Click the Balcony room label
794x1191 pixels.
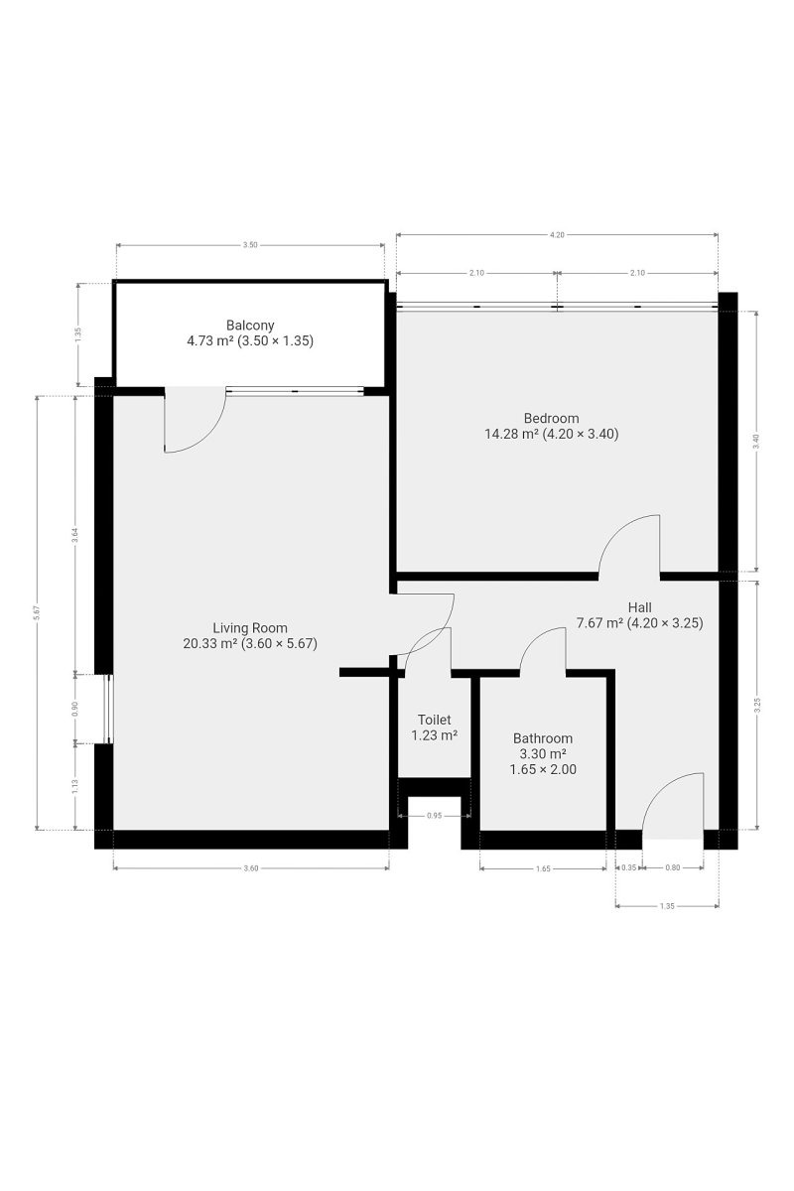[x=250, y=325]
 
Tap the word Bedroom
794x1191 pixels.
[x=551, y=418]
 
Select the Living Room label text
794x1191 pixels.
[x=250, y=627]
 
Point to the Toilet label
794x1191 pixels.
[x=434, y=720]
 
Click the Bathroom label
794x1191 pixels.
[x=543, y=738]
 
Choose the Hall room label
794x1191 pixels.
[x=639, y=606]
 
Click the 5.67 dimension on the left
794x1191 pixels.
[x=37, y=612]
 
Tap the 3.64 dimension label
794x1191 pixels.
[x=75, y=534]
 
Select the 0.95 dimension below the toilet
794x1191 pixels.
[x=434, y=815]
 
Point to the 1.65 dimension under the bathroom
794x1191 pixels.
[x=543, y=868]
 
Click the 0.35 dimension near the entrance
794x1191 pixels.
[x=628, y=867]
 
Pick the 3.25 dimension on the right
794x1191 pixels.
[x=757, y=705]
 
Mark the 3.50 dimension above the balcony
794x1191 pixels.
[x=250, y=245]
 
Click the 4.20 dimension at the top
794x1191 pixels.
[x=557, y=234]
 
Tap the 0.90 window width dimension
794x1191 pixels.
[x=75, y=709]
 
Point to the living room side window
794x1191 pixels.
[x=109, y=709]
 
